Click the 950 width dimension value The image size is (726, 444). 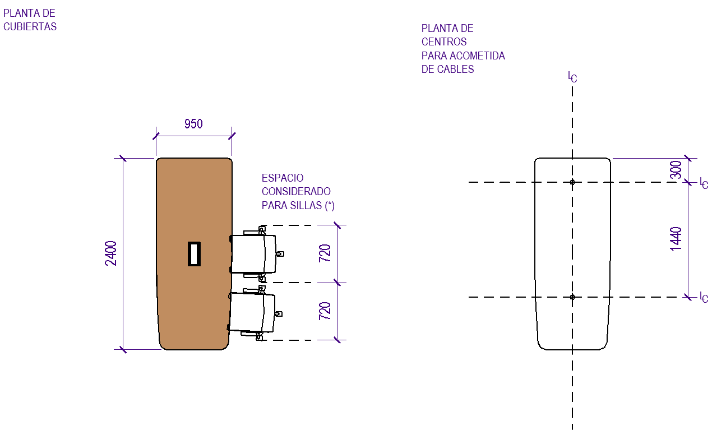coord(193,124)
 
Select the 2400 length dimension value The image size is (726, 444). coord(111,253)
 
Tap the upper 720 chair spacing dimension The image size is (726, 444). coord(325,253)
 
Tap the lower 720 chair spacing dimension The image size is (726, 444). coord(325,311)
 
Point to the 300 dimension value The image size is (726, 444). coord(676,169)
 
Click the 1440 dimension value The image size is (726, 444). coord(676,239)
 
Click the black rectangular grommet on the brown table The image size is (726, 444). coord(194,253)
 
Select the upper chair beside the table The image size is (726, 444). coord(255,253)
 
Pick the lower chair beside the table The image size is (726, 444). coord(253,313)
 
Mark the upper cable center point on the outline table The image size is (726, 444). coord(572,182)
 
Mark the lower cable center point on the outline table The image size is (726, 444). coord(572,297)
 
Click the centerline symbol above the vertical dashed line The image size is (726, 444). coord(572,77)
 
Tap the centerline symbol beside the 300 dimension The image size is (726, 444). coord(704,183)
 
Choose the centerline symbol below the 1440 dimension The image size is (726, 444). coord(704,297)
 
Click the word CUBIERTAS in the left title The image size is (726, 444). coord(30,26)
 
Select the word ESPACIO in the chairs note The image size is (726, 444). coord(283,178)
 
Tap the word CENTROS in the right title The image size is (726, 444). coord(444,42)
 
